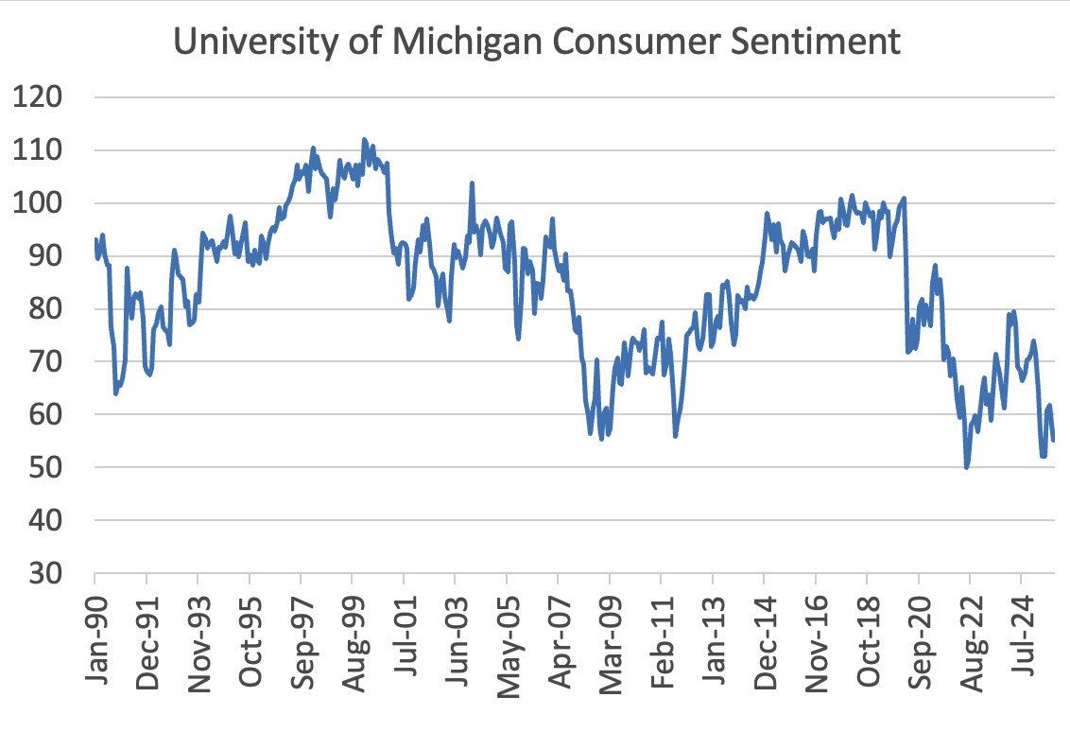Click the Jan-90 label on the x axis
(95, 635)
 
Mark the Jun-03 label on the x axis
(455, 635)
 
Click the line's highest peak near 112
(364, 139)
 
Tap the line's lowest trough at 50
(966, 467)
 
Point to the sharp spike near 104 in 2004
(472, 183)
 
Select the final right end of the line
(1053, 440)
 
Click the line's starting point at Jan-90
(95, 239)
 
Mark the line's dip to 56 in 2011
(675, 435)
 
